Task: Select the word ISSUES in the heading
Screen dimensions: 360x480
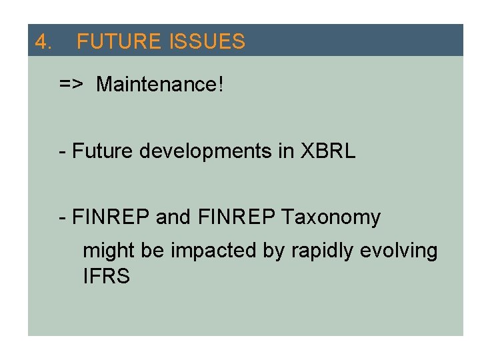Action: [207, 43]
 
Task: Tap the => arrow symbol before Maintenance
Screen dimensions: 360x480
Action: [71, 85]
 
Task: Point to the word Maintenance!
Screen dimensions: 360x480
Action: [161, 85]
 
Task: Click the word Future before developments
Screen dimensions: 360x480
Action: [103, 151]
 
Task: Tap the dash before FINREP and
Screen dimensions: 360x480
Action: [62, 218]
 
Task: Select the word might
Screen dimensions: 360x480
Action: [109, 251]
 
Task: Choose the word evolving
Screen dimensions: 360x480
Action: [399, 251]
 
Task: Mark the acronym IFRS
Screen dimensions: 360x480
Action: [106, 277]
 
